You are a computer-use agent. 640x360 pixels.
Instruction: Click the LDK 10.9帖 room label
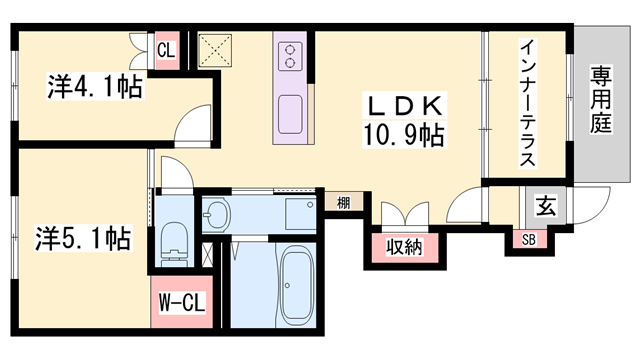tap(404, 120)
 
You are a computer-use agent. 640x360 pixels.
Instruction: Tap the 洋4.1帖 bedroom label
tap(95, 86)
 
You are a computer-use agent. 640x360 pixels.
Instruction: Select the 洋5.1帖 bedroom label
tap(83, 238)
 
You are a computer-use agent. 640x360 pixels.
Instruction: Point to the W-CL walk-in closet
tap(182, 302)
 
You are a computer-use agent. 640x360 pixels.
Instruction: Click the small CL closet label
tap(166, 50)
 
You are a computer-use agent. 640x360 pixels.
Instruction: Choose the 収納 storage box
tap(405, 247)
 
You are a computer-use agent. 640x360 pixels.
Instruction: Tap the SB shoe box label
tap(529, 240)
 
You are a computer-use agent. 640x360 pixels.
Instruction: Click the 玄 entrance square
tap(546, 206)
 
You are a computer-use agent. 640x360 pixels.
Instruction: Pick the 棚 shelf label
tap(344, 202)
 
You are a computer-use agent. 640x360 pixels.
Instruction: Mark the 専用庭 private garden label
tap(601, 100)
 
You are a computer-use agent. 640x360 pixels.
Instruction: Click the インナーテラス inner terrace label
tap(527, 102)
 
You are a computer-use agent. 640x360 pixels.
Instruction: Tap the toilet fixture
tap(175, 244)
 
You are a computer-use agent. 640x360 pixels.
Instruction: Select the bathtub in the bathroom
tap(298, 285)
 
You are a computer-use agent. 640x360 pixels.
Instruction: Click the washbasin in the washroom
tap(217, 213)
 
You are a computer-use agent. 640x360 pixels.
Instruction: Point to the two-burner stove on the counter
tap(290, 56)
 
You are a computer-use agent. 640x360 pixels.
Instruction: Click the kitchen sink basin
tap(290, 114)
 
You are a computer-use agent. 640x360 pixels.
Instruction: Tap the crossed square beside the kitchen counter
tap(215, 51)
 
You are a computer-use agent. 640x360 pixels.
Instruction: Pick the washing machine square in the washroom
tap(300, 213)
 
